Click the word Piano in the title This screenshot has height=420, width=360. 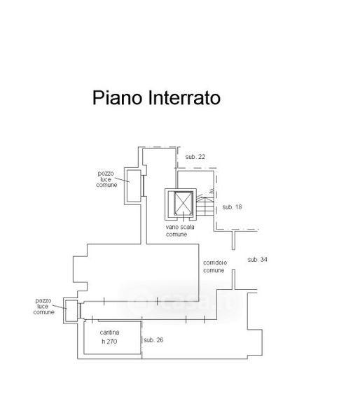(117, 98)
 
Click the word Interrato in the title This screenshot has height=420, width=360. (184, 98)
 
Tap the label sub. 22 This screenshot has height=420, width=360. (195, 157)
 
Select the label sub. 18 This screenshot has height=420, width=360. (232, 206)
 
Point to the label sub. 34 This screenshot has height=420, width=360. (257, 259)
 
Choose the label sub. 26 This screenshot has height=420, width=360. (153, 340)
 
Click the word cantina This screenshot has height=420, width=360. (109, 332)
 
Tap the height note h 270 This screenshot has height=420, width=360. (109, 342)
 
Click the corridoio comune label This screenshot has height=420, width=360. (215, 267)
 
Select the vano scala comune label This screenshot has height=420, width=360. (180, 230)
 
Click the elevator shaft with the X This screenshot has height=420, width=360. (184, 203)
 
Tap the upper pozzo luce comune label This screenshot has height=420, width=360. (106, 179)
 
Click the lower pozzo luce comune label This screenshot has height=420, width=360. (43, 307)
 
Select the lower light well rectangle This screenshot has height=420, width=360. (71, 310)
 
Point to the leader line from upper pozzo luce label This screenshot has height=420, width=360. (123, 180)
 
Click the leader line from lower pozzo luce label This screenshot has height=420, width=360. (60, 307)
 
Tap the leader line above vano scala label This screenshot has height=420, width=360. (184, 216)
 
